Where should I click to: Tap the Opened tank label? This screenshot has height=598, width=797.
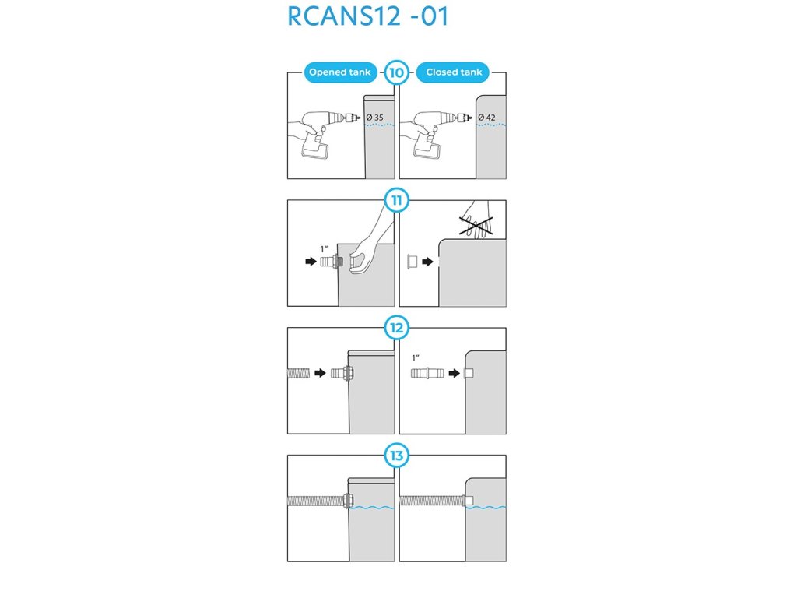point(340,72)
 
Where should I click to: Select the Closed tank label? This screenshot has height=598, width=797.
point(454,72)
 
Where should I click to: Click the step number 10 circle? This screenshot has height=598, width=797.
point(396,72)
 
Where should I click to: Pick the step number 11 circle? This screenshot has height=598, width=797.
point(396,200)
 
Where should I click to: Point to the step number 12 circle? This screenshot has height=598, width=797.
point(396,328)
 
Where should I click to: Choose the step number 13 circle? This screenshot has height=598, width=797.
point(396,455)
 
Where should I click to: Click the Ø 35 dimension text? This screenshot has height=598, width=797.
point(375,118)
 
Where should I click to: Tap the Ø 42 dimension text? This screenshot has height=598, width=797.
point(487,118)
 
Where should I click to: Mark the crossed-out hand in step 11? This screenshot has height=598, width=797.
point(476,220)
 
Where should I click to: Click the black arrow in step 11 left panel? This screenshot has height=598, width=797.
point(311,262)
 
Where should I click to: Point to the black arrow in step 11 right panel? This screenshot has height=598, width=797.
point(427,262)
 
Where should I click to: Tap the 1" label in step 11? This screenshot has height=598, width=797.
point(325,248)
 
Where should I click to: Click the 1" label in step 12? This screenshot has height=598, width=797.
point(416,358)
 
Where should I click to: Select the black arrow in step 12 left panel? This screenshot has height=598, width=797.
point(320,373)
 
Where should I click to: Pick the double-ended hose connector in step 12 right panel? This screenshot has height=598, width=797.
point(427,373)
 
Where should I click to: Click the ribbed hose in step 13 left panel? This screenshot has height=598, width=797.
point(316,501)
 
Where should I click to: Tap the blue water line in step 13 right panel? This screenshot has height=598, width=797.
point(486,508)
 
